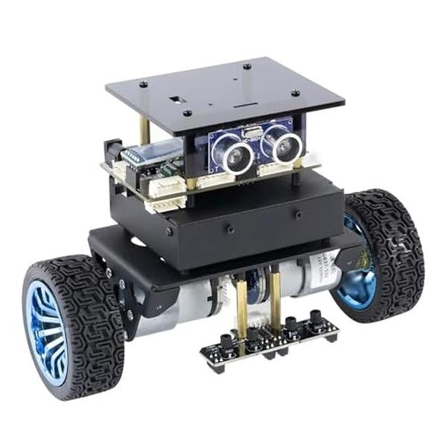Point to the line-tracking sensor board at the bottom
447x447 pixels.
[270, 341]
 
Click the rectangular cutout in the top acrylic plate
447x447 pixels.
[186, 98]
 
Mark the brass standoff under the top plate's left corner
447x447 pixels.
[144, 131]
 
